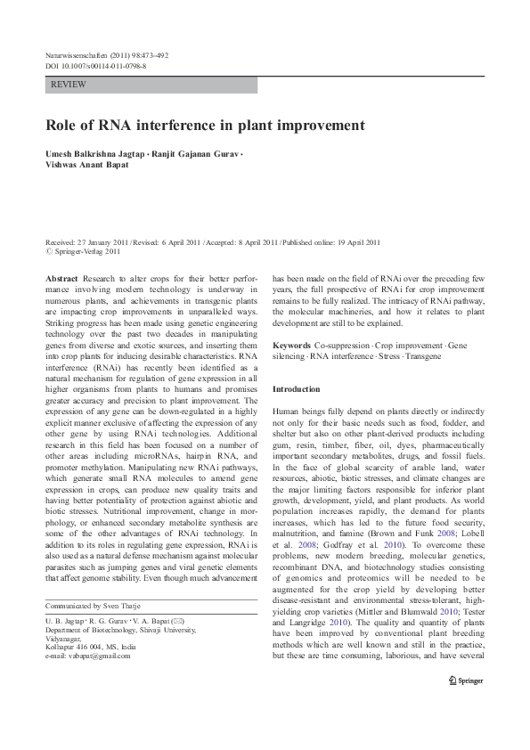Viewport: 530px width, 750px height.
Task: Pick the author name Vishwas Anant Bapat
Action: click(86, 164)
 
